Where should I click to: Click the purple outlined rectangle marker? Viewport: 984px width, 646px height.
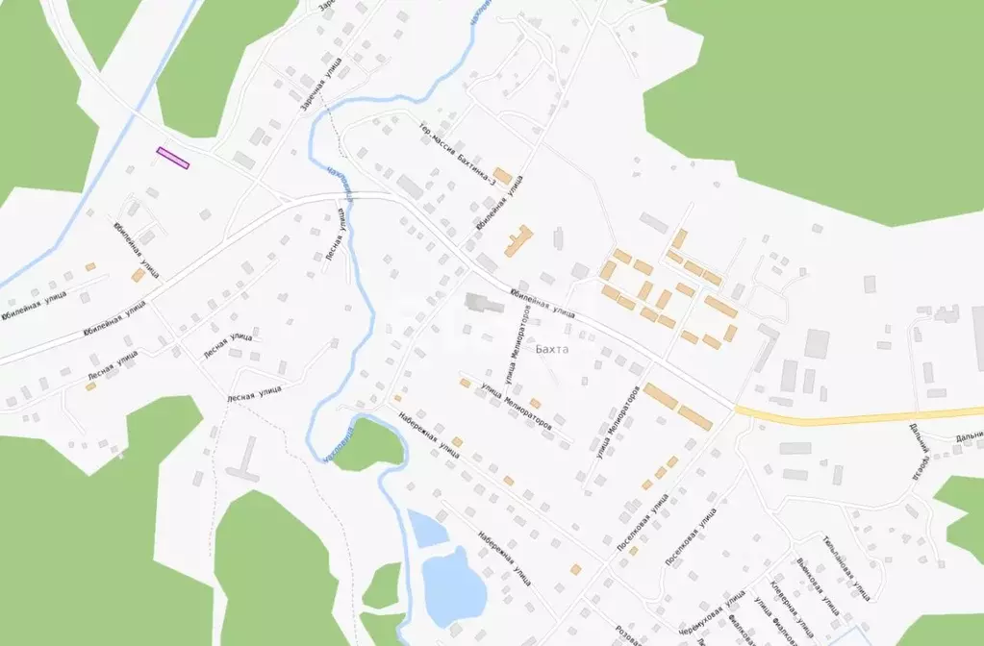point(173,158)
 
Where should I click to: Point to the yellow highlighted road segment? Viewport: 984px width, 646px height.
point(846,417)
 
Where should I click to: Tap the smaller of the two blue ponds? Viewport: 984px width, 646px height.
point(424,529)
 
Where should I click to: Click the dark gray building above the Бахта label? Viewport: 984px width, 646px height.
point(481,303)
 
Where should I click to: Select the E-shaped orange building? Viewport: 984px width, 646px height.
point(519,240)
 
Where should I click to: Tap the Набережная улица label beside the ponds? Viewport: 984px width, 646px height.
point(504,562)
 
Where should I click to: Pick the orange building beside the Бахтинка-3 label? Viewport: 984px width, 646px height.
point(502,176)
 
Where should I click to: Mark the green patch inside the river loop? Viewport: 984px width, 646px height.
point(366,442)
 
